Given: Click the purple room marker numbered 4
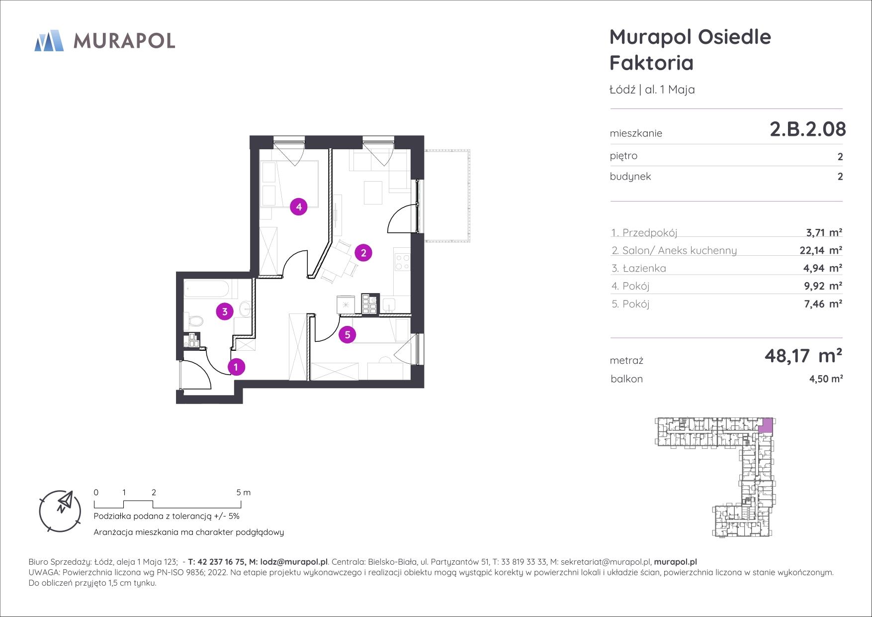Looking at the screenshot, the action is (299, 206).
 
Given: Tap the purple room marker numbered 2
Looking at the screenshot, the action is (363, 253).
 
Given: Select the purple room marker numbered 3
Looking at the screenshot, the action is (225, 312).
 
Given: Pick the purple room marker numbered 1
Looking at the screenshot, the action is (236, 367).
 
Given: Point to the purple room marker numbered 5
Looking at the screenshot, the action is (348, 335).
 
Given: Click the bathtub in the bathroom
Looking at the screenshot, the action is (206, 289).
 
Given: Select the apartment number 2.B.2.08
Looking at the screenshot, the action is (807, 129).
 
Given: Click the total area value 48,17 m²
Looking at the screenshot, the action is (803, 356).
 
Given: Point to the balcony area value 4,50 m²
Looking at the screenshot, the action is (826, 379).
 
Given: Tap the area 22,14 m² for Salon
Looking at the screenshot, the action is (821, 250).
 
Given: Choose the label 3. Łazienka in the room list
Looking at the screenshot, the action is (639, 268).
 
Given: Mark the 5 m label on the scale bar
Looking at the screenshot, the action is (244, 493).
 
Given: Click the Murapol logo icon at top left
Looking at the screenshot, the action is (49, 40).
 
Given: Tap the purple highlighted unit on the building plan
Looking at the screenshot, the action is (767, 425).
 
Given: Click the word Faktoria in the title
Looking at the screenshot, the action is (651, 63).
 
